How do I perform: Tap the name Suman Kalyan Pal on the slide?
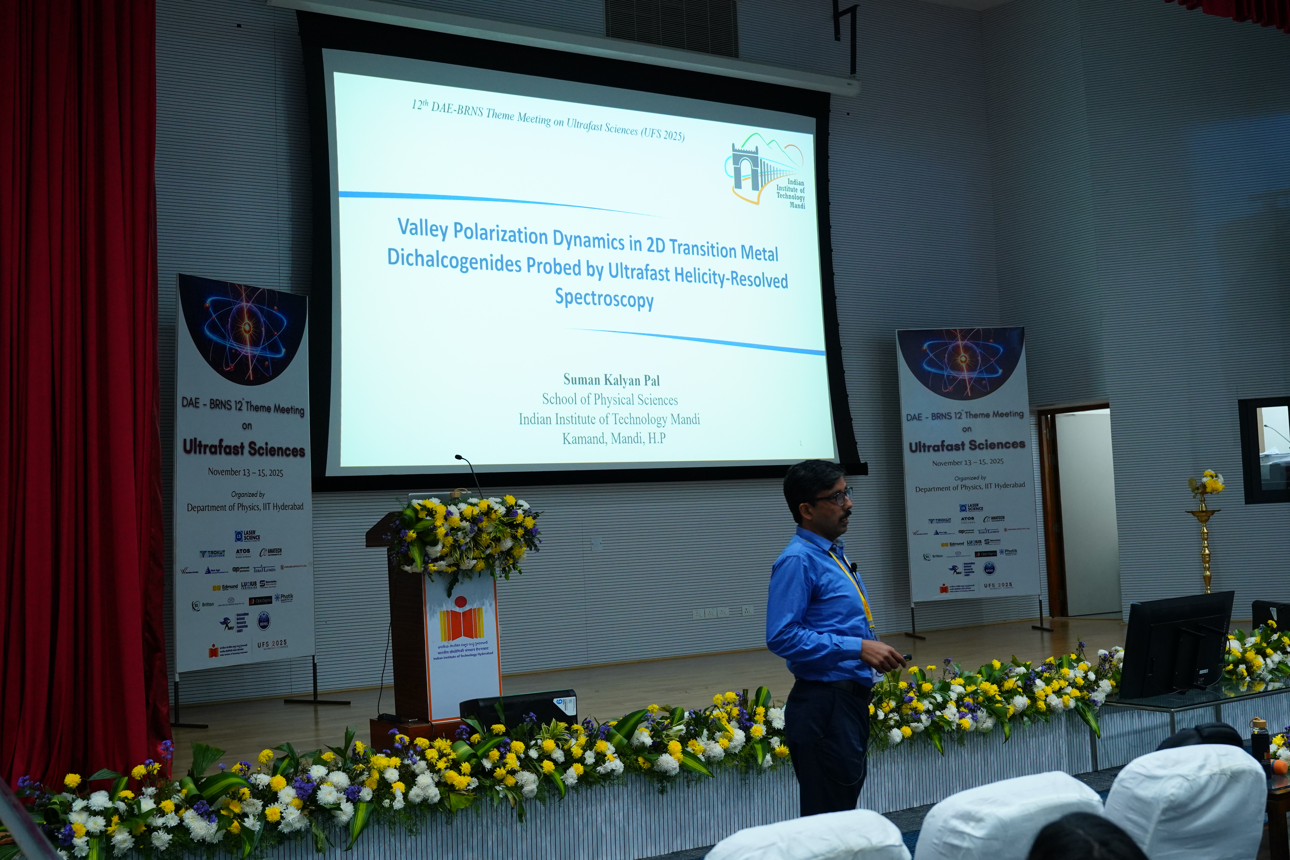point(611,380)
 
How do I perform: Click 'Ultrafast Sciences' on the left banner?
point(244,449)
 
